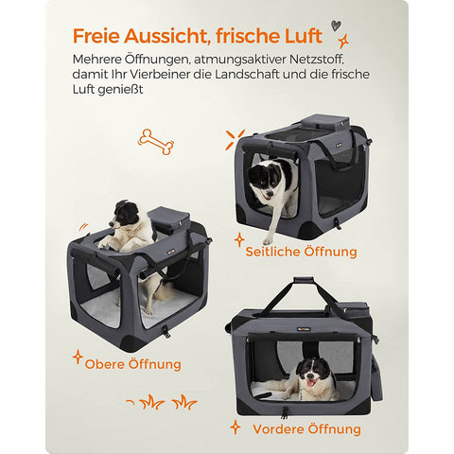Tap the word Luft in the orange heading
[x=304, y=36]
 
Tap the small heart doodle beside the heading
[x=336, y=26]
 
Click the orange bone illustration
[x=156, y=142]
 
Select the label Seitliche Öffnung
[x=301, y=252]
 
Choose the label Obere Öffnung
[x=132, y=364]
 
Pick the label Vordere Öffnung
[x=306, y=429]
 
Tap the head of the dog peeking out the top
[x=124, y=215]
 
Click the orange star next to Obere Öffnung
[x=78, y=357]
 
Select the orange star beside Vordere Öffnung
[x=235, y=428]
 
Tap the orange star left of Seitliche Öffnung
[x=239, y=240]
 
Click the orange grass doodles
[x=162, y=402]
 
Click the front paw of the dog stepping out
[x=268, y=241]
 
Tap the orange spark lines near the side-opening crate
[x=235, y=139]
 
